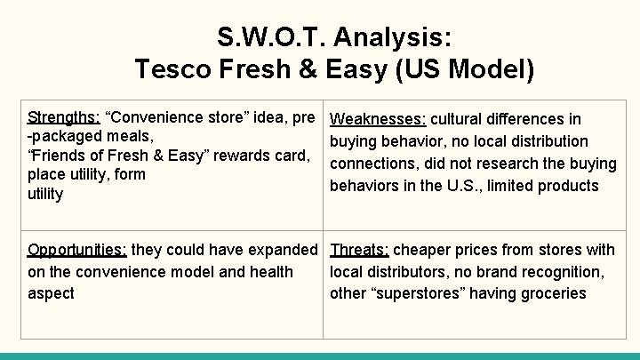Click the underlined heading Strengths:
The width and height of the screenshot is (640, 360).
coord(64,117)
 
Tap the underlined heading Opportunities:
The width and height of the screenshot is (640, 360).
coord(78,250)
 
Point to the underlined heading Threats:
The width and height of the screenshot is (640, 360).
coord(359,250)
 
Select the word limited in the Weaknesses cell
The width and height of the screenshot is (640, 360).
coord(515,186)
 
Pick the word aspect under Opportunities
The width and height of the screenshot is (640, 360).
coord(51,293)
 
